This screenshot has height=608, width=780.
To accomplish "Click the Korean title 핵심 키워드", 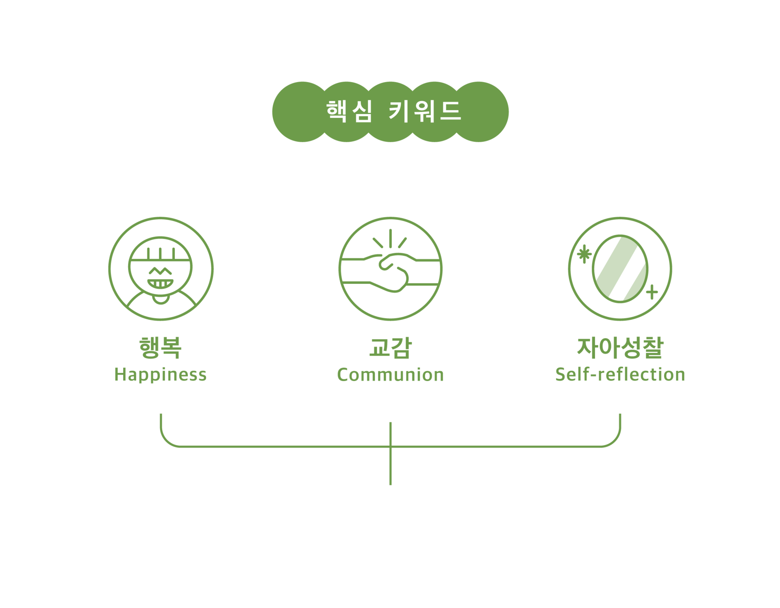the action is (393, 111).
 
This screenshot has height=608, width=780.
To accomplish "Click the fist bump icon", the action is (390, 269).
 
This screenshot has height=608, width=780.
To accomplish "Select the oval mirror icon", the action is (620, 269).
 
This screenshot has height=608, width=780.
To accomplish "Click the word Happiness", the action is (161, 374).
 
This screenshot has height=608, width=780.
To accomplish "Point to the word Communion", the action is (390, 374).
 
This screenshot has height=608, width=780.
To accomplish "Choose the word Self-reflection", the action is (620, 374).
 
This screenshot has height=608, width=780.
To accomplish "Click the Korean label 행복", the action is (160, 348).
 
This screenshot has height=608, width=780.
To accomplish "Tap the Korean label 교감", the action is (390, 348).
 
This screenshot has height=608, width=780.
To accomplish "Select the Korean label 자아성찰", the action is (620, 348).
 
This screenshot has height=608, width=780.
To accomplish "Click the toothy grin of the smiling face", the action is (160, 283).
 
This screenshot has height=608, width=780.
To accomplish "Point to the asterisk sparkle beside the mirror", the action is (584, 254).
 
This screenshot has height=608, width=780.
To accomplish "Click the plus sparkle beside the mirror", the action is (652, 292).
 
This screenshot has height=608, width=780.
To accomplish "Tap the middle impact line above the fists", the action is (390, 238).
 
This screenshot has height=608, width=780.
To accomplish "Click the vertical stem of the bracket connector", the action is (390, 467).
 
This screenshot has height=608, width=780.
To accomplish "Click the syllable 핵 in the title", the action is (337, 111).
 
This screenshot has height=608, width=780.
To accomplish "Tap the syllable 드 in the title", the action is (450, 111).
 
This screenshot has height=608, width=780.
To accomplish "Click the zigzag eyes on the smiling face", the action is (160, 270).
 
